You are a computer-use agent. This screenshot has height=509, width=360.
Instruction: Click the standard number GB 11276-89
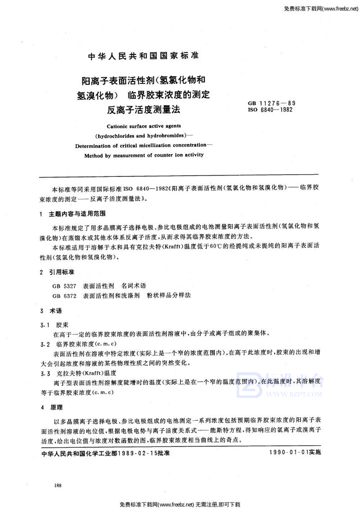click(x=271, y=104)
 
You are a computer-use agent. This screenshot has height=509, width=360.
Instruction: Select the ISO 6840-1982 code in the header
click(x=271, y=109)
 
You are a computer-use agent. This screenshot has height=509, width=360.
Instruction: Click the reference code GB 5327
click(x=66, y=286)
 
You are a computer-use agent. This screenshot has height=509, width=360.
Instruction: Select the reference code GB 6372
click(x=66, y=295)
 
